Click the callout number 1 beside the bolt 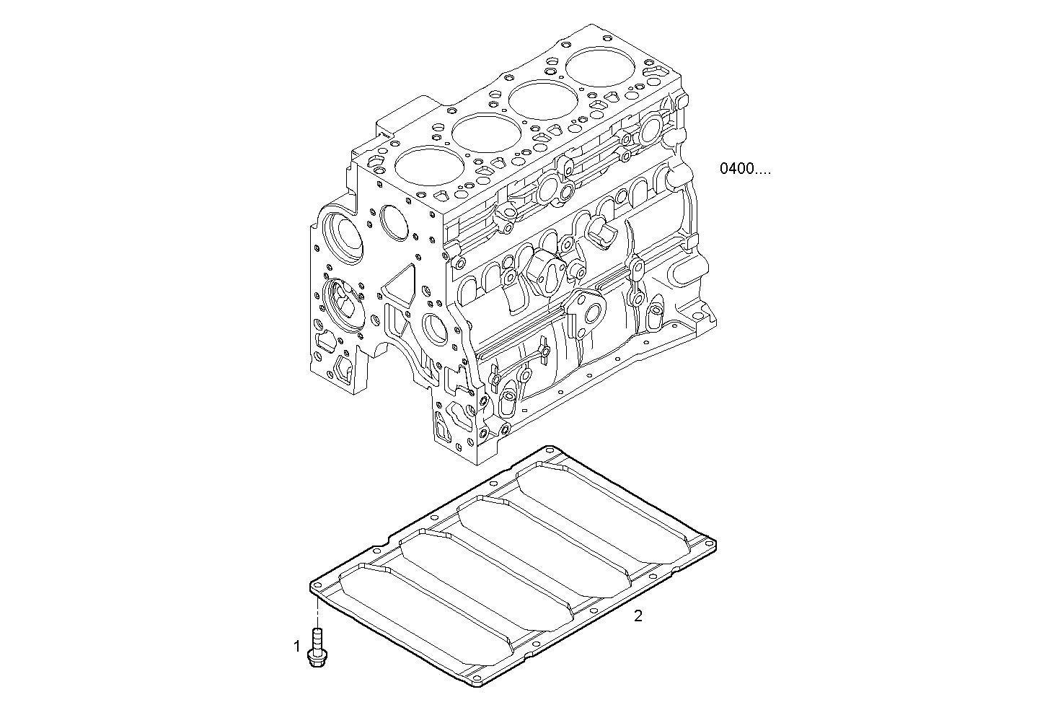pos(296,647)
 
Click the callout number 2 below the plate pos(638,616)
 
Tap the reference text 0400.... pos(745,170)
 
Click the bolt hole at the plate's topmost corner pos(550,450)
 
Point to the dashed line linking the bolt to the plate pos(316,612)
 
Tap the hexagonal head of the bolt pos(315,658)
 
